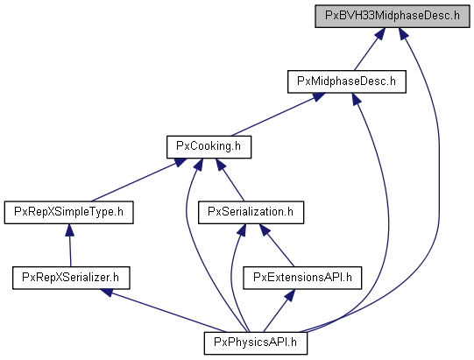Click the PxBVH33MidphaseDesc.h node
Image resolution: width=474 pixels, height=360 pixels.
click(393, 16)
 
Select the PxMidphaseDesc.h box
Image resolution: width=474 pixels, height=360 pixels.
click(347, 81)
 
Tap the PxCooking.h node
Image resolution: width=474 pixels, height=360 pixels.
click(209, 147)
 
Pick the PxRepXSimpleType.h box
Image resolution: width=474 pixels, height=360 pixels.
click(69, 213)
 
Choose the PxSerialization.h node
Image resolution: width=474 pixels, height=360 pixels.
click(251, 213)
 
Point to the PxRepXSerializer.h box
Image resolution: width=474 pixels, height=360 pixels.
click(71, 278)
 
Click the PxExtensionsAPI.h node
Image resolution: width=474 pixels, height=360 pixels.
click(302, 278)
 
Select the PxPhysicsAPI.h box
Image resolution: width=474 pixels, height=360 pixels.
click(256, 343)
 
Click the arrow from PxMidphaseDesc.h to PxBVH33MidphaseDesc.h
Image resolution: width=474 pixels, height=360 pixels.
click(370, 49)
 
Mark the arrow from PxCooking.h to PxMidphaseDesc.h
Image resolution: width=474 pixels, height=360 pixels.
click(278, 115)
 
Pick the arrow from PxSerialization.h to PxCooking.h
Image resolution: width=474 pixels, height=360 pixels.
click(230, 180)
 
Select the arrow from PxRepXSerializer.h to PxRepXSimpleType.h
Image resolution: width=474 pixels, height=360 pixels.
click(70, 245)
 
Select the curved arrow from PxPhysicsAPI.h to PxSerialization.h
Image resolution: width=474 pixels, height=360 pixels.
click(231, 278)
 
